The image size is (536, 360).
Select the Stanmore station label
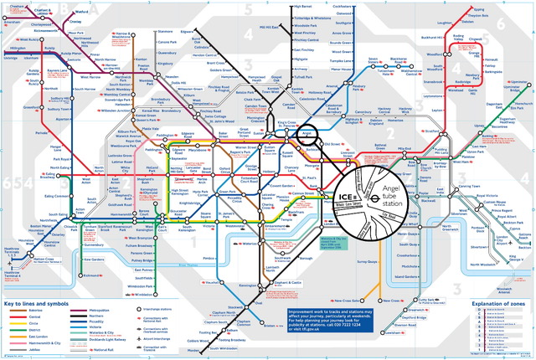tap(165, 31)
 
